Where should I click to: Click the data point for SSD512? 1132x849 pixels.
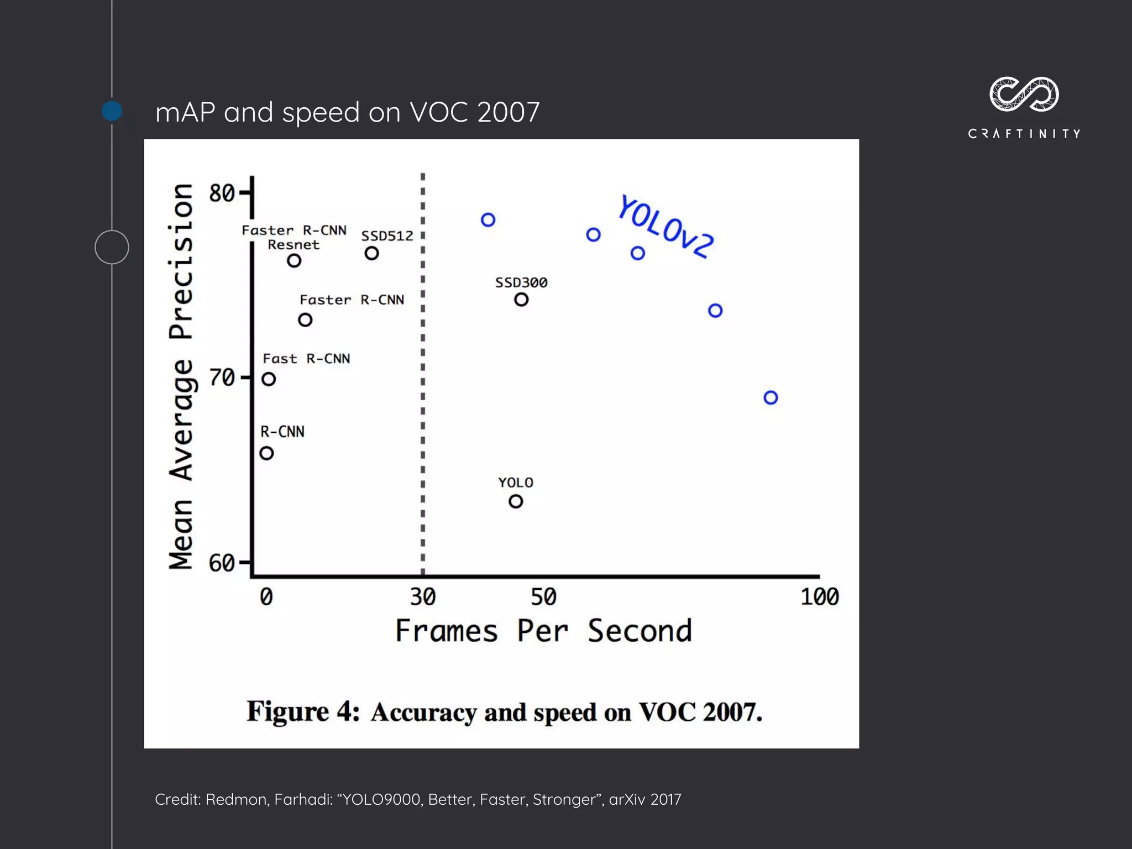(x=371, y=253)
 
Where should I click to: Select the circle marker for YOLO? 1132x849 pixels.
(x=515, y=501)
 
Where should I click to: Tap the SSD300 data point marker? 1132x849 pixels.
(x=521, y=300)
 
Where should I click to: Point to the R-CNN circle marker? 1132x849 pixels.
(x=266, y=453)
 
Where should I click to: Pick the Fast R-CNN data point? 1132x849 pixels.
(x=269, y=379)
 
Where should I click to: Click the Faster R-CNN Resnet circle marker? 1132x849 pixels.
(x=294, y=260)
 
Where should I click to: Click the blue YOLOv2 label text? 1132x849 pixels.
(x=665, y=227)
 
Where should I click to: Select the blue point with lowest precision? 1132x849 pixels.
(x=771, y=397)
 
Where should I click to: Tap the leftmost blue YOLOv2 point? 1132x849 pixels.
(x=488, y=220)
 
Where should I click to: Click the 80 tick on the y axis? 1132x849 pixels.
(x=222, y=193)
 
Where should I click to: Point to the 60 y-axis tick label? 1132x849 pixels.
(x=222, y=563)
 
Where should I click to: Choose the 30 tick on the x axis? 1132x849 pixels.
(x=423, y=597)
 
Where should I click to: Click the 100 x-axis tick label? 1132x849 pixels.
(x=820, y=597)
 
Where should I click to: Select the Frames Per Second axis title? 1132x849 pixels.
(x=543, y=631)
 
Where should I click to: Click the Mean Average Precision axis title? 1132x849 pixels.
(x=181, y=376)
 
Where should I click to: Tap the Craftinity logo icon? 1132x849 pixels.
(x=1024, y=95)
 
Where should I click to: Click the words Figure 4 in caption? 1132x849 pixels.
(x=303, y=711)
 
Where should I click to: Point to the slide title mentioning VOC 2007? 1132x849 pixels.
(x=347, y=112)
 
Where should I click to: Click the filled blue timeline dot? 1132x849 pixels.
(x=112, y=111)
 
